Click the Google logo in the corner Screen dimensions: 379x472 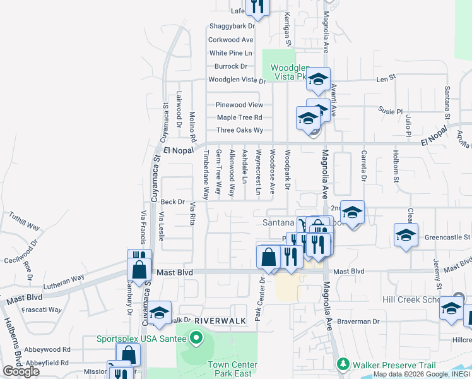21,371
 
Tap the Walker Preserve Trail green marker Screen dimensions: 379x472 343,364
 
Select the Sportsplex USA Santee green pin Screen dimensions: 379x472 196,339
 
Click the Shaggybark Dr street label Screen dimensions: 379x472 232,27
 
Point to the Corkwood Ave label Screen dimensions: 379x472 231,40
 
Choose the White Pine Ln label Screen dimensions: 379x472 231,53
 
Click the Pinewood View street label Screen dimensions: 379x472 239,105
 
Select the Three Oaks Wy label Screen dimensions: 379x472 240,130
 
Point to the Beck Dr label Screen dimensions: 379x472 172,202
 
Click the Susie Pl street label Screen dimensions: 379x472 390,111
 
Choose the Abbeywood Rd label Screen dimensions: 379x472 49,349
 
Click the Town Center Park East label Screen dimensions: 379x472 233,370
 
